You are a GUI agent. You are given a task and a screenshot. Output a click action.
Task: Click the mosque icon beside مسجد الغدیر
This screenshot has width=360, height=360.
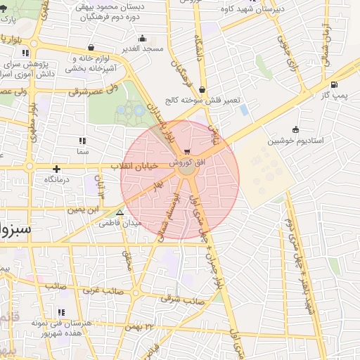[142, 38]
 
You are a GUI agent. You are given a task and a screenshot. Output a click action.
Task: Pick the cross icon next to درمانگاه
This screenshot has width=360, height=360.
[56, 169]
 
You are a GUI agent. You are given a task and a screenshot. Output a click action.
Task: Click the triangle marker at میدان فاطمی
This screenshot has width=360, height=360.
[120, 212]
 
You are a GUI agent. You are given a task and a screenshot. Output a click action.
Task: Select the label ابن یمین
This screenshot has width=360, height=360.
[83, 208]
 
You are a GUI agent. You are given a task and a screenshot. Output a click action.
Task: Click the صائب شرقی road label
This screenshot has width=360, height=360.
[181, 300]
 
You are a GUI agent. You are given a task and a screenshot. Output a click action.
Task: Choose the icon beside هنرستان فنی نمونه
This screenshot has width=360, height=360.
[61, 312]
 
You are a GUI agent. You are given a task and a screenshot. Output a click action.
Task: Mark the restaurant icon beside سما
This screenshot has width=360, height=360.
[83, 141]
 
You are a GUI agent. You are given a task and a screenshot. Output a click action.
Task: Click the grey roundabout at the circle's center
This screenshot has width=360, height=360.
[186, 169]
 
